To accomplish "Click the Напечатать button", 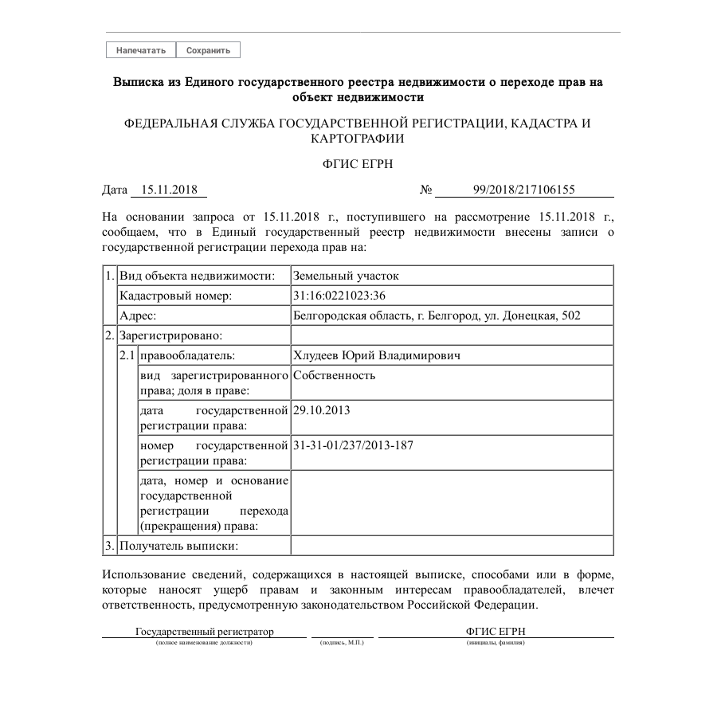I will click(x=141, y=50).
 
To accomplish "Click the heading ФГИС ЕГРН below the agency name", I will click(x=358, y=164).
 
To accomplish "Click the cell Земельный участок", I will click(x=346, y=276).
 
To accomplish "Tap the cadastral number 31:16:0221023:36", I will click(x=340, y=296).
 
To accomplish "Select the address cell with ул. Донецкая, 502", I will click(x=437, y=315).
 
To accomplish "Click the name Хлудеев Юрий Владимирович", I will click(x=377, y=355).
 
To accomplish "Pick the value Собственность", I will click(x=335, y=375).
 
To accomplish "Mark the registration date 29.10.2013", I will click(x=322, y=410).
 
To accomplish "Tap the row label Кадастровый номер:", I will click(x=175, y=296).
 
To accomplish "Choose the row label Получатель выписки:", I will click(x=179, y=546).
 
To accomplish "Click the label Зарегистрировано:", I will click(x=170, y=335).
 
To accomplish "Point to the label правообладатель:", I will click(x=187, y=355).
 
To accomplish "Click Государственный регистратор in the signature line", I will click(x=204, y=632).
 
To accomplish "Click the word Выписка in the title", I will click(x=140, y=82).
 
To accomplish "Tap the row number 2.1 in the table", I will click(x=127, y=355).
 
